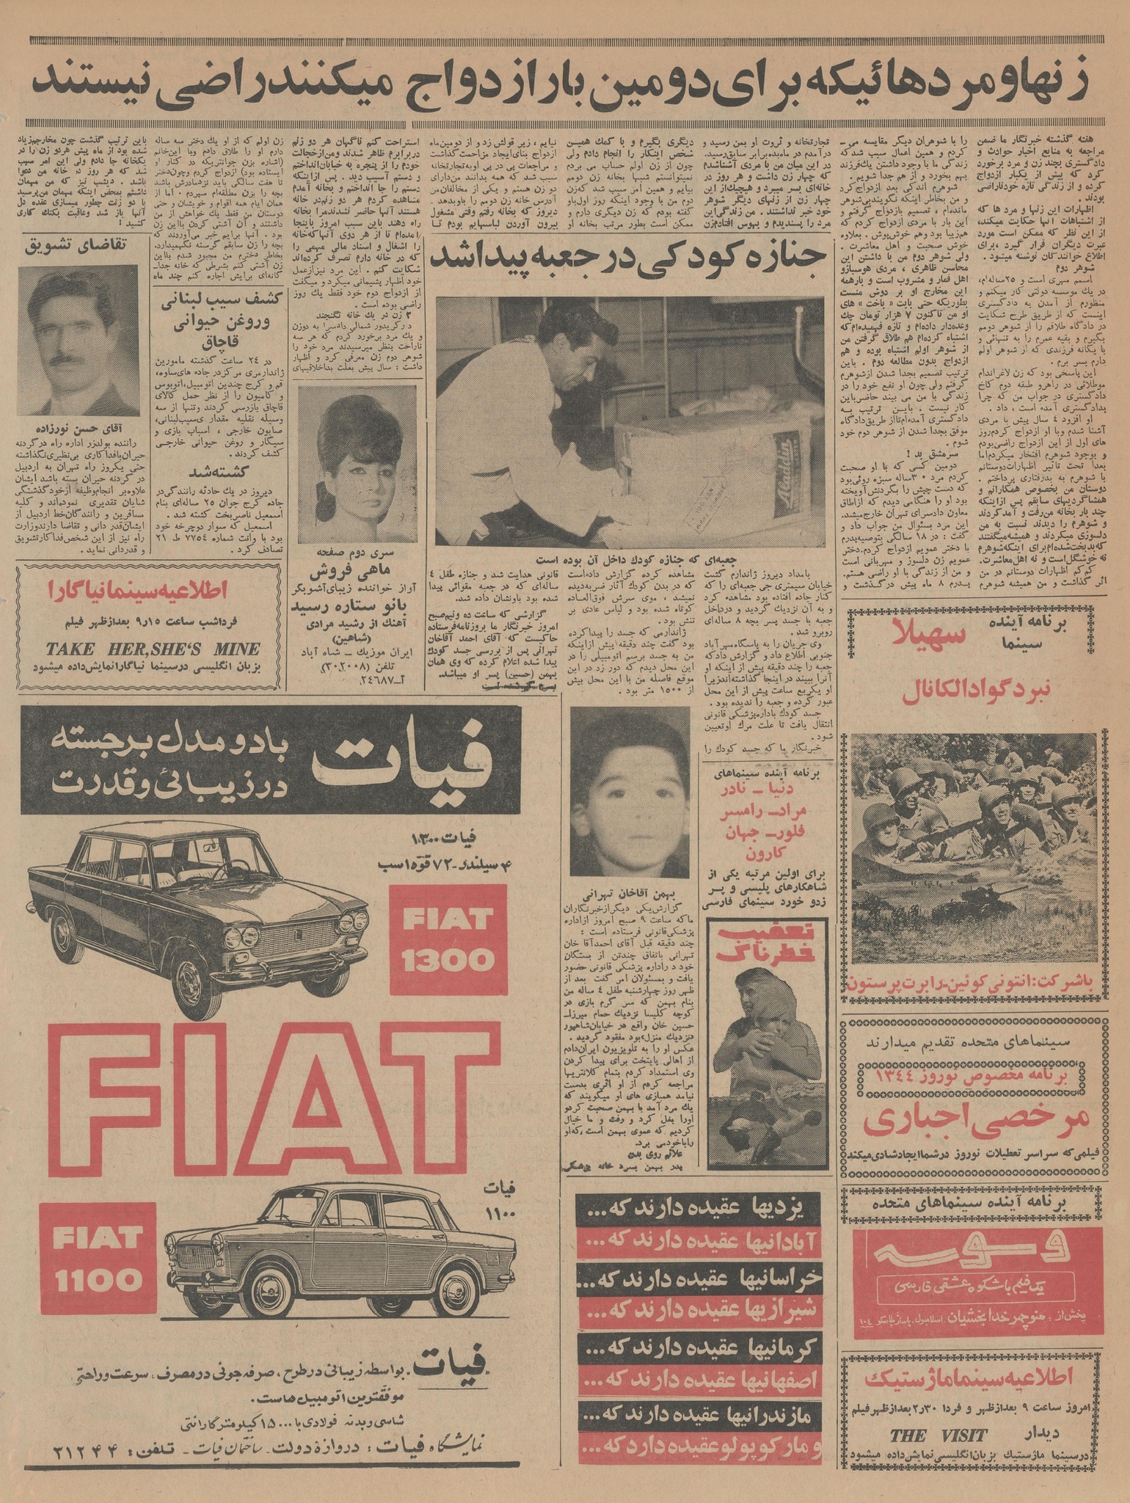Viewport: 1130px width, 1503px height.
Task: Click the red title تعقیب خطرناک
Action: [x=755, y=943]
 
